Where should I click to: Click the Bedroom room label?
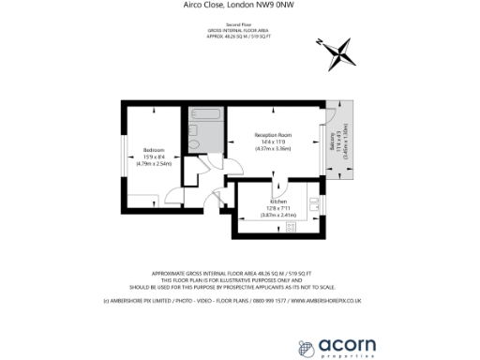[x=155, y=149]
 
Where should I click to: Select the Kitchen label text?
[x=278, y=202]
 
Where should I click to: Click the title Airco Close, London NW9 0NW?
[x=239, y=5]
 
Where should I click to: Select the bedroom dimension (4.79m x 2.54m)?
[x=155, y=163]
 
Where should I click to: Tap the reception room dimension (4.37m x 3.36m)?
[x=274, y=148]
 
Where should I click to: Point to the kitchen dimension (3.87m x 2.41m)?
[x=278, y=215]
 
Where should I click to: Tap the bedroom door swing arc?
[x=174, y=196]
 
